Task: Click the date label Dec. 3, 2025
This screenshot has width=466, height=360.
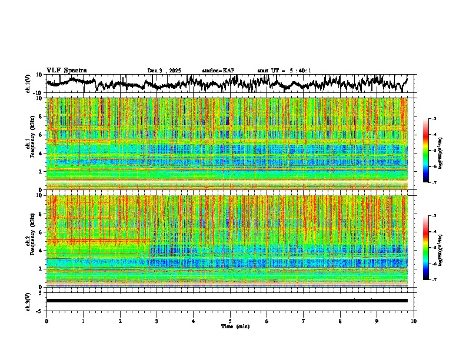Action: pos(165,71)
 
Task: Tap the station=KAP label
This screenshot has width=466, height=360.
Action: pos(218,71)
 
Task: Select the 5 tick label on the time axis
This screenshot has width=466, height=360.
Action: pos(230,321)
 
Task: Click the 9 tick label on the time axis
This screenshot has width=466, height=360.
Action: pos(377,321)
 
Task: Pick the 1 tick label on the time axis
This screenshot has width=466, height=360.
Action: pos(83,321)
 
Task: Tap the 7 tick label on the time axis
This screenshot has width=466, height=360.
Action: pos(304,321)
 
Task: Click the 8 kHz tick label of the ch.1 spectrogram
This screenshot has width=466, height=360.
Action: pos(40,116)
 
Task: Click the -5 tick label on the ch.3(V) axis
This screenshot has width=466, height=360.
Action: pos(39,310)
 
